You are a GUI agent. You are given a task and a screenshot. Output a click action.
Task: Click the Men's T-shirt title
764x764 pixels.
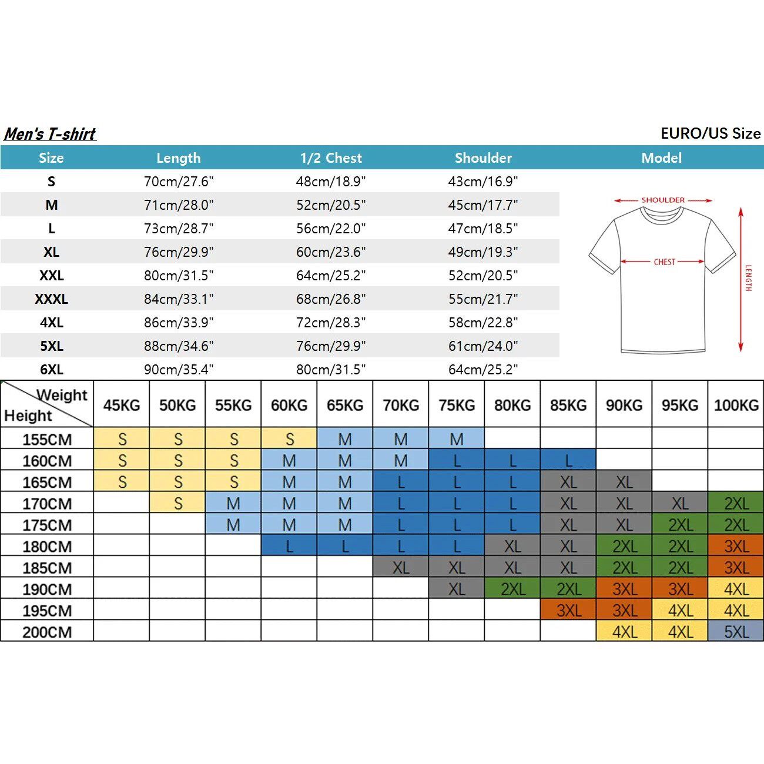(50, 134)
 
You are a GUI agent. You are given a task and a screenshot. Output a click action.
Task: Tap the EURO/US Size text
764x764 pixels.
(711, 133)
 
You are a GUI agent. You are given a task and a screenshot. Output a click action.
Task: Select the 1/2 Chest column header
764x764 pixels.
(331, 158)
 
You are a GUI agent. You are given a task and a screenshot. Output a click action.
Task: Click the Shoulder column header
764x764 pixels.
(483, 158)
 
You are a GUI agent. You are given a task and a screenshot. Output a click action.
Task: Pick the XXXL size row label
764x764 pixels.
(52, 299)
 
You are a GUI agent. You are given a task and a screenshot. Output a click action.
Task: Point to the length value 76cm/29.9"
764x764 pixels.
(179, 252)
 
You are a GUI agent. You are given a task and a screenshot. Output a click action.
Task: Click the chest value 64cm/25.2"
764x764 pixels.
(331, 276)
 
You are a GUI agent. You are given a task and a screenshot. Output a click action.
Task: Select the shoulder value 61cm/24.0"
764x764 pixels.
(483, 346)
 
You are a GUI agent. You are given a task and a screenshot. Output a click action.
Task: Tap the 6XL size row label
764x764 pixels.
(52, 370)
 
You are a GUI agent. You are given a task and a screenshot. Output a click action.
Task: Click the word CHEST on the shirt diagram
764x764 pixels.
(665, 262)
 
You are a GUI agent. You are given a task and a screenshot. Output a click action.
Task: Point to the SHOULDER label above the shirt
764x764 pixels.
(663, 200)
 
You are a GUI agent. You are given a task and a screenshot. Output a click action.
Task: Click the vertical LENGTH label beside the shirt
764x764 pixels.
(748, 278)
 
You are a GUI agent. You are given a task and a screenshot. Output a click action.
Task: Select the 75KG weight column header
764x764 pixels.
(457, 406)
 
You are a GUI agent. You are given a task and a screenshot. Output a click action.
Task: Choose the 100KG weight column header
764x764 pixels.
(736, 406)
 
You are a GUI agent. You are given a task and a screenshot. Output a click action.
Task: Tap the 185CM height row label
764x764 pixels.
(47, 568)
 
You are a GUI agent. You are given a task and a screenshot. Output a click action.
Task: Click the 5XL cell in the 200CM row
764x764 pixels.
(736, 632)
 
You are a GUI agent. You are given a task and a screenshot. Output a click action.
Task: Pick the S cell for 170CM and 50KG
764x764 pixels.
(177, 504)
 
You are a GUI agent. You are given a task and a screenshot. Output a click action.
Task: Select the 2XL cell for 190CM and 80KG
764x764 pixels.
(512, 589)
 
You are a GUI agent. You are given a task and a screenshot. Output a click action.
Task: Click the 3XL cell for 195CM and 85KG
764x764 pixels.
(568, 611)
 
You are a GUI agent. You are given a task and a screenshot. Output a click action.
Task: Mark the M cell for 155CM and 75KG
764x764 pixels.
(457, 439)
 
